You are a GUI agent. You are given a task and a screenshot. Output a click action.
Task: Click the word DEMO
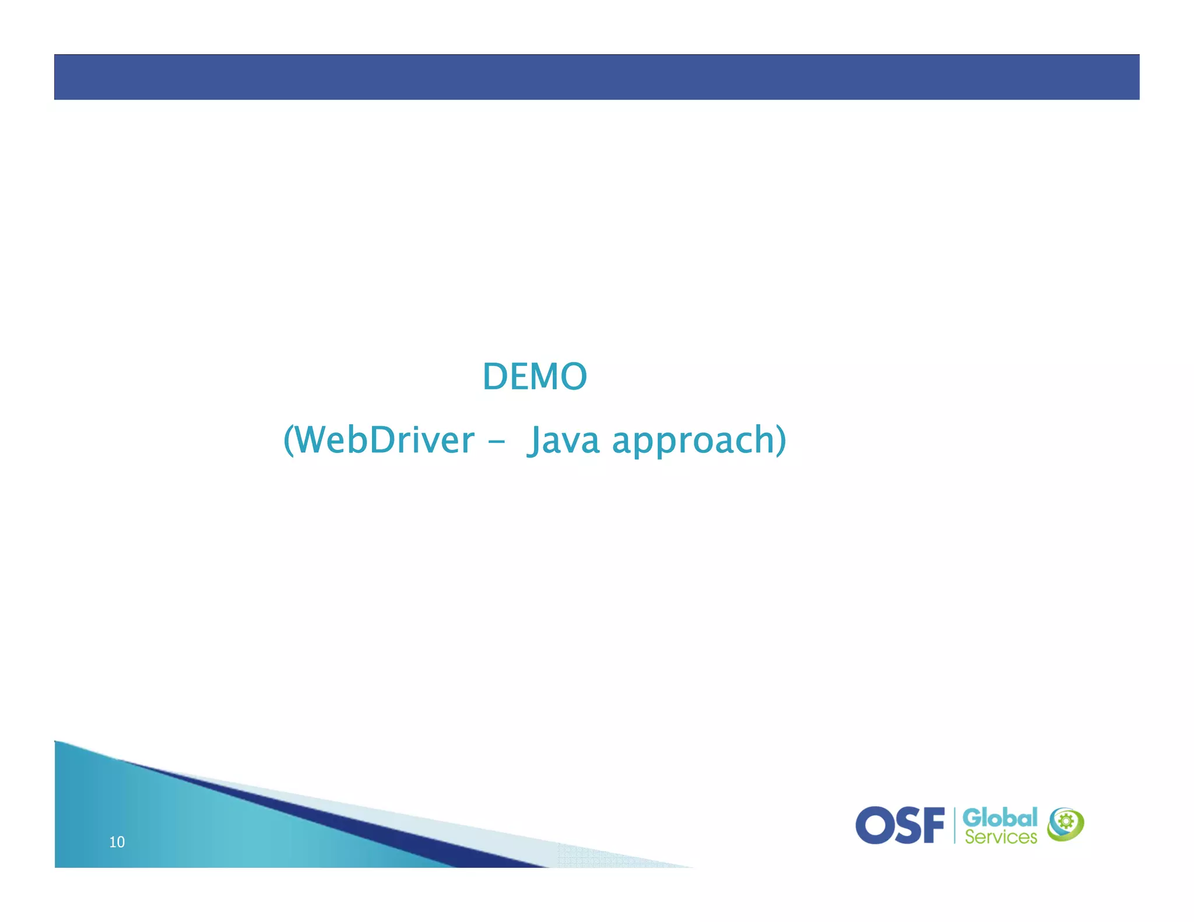pyautogui.click(x=535, y=376)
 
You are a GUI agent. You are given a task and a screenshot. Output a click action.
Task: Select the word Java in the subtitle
pyautogui.click(x=563, y=441)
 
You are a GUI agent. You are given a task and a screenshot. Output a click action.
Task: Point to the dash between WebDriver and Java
pyautogui.click(x=496, y=442)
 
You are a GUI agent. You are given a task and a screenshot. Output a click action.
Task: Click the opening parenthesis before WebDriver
pyautogui.click(x=289, y=441)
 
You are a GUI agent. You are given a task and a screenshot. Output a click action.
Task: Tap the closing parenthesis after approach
pyautogui.click(x=781, y=441)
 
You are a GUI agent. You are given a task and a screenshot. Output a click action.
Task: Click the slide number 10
pyautogui.click(x=117, y=842)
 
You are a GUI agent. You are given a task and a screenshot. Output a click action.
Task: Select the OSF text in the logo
pyautogui.click(x=900, y=825)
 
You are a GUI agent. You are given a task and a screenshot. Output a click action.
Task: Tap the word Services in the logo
pyautogui.click(x=1000, y=837)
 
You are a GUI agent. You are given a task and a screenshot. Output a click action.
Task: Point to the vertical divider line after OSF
pyautogui.click(x=954, y=825)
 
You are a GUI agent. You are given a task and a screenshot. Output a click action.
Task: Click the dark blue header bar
pyautogui.click(x=596, y=77)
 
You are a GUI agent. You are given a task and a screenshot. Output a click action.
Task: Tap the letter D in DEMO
pyautogui.click(x=496, y=376)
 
